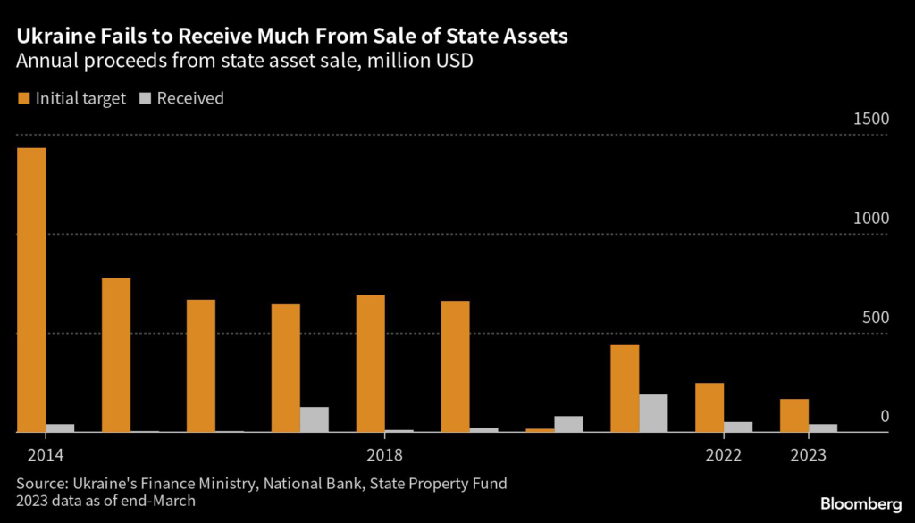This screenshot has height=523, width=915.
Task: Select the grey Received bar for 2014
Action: pos(60,428)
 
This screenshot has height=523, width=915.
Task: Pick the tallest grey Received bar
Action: pos(653,413)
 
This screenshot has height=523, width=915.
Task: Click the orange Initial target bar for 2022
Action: pos(709,407)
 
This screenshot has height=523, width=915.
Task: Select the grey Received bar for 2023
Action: pos(823,428)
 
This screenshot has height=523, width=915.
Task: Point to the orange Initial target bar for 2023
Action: pos(794,415)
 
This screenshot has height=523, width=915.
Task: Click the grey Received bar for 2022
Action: pos(738,427)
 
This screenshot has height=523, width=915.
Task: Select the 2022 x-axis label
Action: pos(723,455)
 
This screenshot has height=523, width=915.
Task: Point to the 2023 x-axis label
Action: pos(809,455)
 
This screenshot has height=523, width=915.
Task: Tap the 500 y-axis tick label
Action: pos(875,318)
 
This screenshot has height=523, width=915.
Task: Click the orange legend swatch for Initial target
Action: pos(23,99)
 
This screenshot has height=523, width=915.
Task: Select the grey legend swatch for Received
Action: pos(146,99)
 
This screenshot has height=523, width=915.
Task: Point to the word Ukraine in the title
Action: pos(49,37)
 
